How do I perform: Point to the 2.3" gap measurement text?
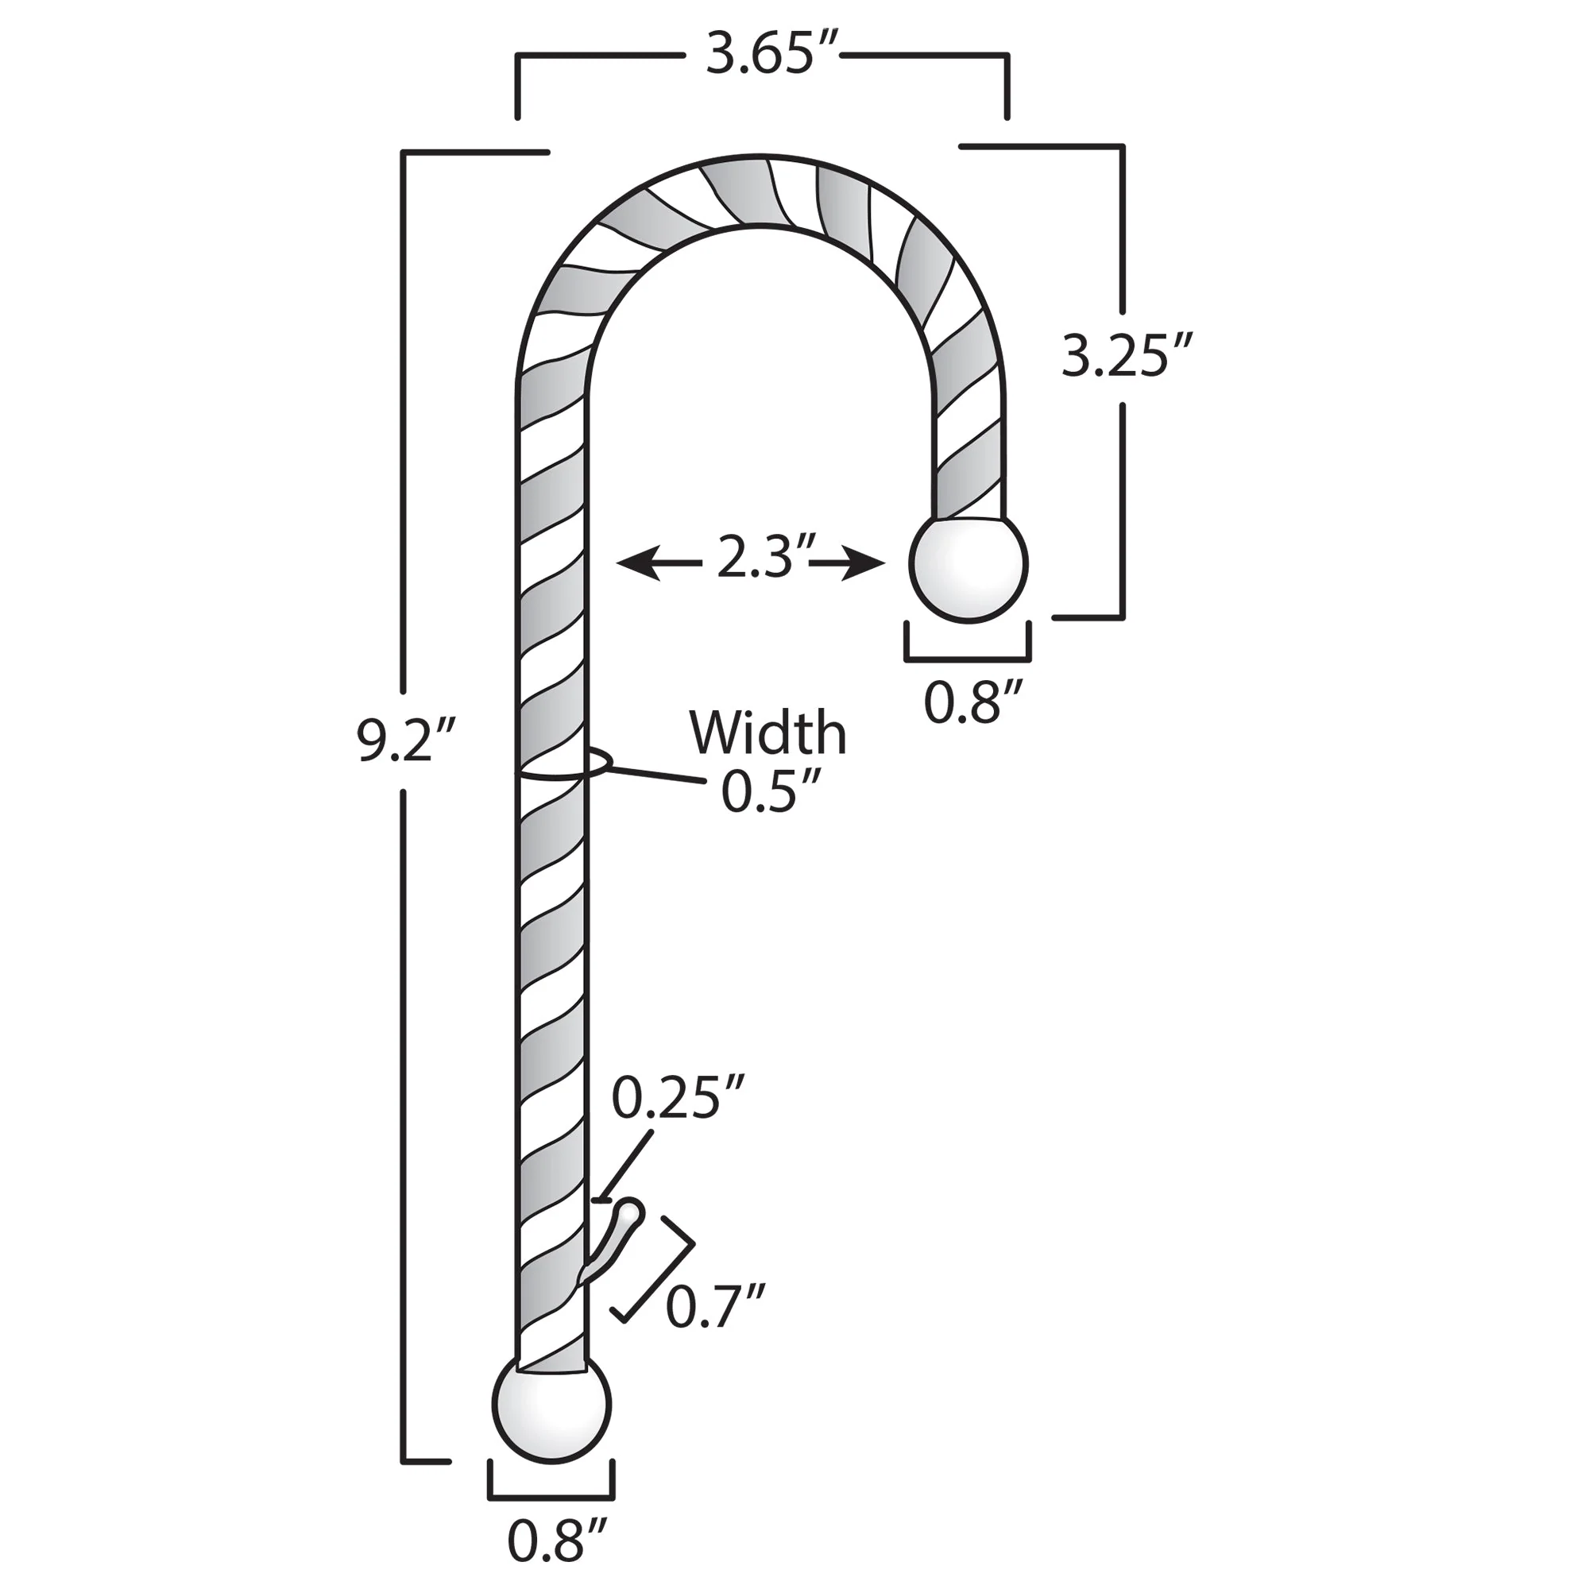pyautogui.click(x=755, y=558)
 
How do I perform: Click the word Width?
pyautogui.click(x=767, y=732)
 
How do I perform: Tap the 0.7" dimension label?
pyautogui.click(x=716, y=1306)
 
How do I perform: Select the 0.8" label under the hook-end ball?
pyautogui.click(x=973, y=702)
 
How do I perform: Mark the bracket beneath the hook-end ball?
pyautogui.click(x=967, y=658)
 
